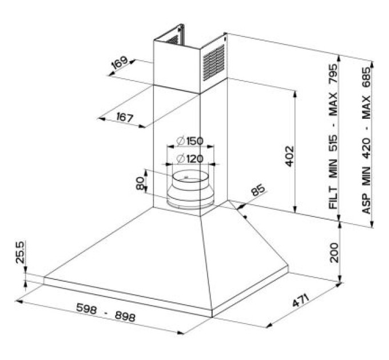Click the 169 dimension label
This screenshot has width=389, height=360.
(x=120, y=63)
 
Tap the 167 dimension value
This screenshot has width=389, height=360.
(x=125, y=117)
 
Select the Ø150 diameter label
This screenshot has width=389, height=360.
(x=190, y=141)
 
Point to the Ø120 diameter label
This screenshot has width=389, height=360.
(x=190, y=158)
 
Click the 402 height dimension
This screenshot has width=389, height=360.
(x=289, y=157)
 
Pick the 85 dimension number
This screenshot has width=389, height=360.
(x=258, y=190)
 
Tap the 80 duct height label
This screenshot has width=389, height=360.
(x=140, y=183)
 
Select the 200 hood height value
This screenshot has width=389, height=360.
(x=334, y=253)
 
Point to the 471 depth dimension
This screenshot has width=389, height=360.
(x=300, y=301)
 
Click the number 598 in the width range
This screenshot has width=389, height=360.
(x=86, y=309)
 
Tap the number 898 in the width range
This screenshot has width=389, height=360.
(x=125, y=317)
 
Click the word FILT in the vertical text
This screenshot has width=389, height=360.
(x=333, y=198)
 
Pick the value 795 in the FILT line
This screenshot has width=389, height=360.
(x=333, y=74)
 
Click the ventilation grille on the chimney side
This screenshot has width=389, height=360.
(x=213, y=63)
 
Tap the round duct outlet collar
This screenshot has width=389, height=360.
(x=190, y=189)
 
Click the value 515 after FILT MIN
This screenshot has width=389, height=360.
(x=333, y=143)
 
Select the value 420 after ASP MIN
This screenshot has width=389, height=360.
(x=366, y=148)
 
